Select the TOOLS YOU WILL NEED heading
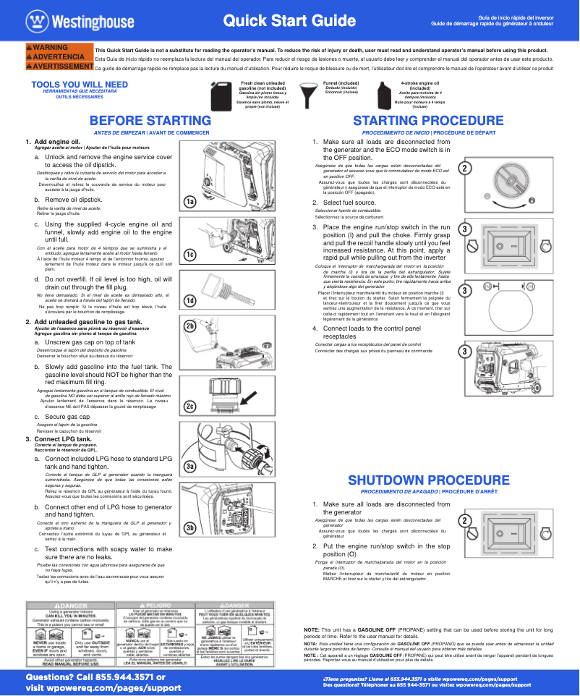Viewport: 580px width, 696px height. click(80, 85)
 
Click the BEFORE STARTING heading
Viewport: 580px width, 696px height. click(150, 121)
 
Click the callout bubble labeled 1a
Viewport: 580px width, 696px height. click(189, 202)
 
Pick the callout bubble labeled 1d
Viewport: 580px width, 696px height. click(189, 300)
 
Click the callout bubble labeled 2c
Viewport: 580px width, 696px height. click(190, 407)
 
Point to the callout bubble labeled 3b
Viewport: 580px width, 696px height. click(190, 527)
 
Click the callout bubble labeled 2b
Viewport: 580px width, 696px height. click(190, 327)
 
